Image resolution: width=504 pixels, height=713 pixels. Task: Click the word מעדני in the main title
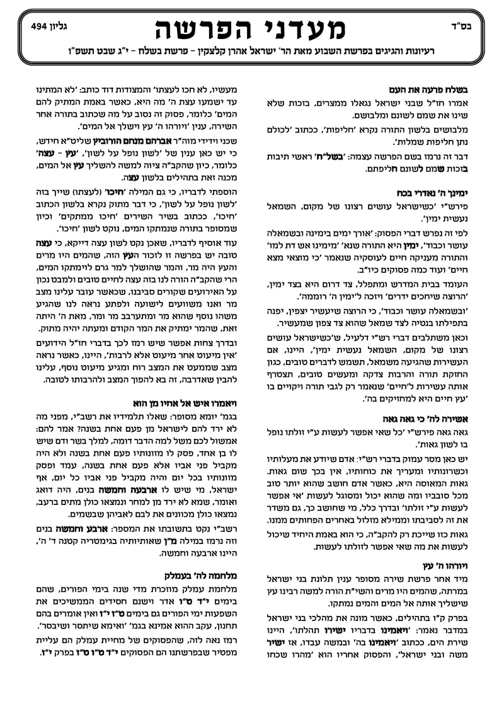(300, 30)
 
